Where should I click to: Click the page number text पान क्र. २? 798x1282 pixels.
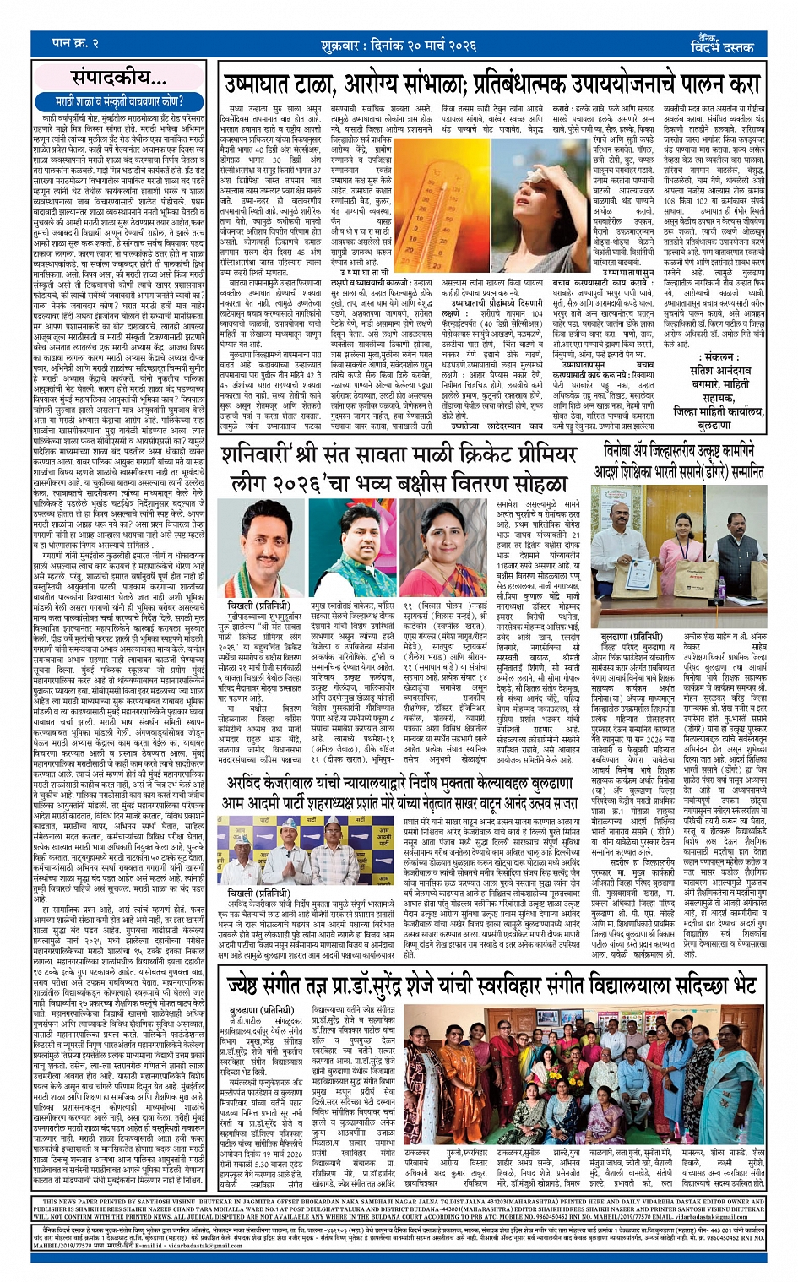(x=75, y=43)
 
